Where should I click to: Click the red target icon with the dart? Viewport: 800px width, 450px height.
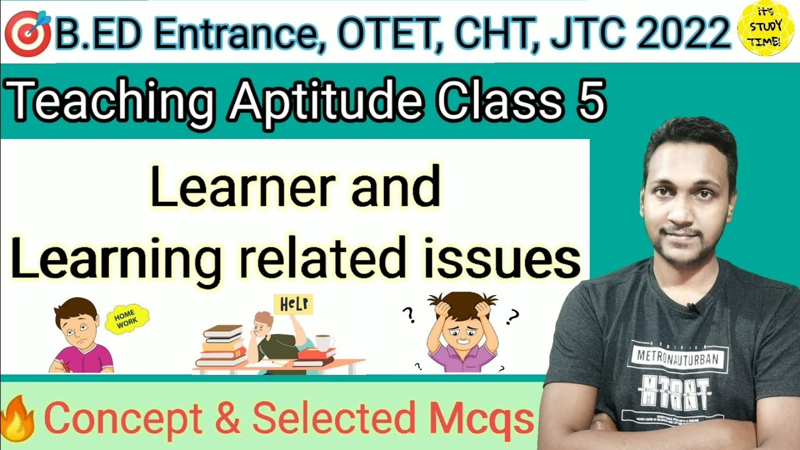27,32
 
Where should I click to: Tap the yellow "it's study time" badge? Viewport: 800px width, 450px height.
765,29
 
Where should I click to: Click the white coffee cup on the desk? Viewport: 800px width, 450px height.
324,343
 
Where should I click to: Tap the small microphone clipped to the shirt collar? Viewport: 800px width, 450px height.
693,307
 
